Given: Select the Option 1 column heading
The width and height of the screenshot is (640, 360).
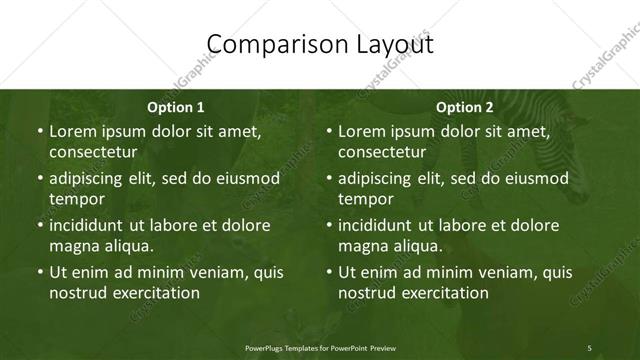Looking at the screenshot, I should coord(175,107).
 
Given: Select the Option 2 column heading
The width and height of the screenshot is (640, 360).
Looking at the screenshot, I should coord(465,107).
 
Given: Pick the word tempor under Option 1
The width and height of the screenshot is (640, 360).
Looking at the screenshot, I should coord(74,199).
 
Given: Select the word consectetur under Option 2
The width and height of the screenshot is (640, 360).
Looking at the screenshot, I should coord(382,152).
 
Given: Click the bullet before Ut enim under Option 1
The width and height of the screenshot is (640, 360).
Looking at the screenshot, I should coord(40,272).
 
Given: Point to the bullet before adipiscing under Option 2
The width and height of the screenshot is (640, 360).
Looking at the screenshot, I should coord(330,180).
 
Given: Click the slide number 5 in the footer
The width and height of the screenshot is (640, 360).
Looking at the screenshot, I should coord(589,346).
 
